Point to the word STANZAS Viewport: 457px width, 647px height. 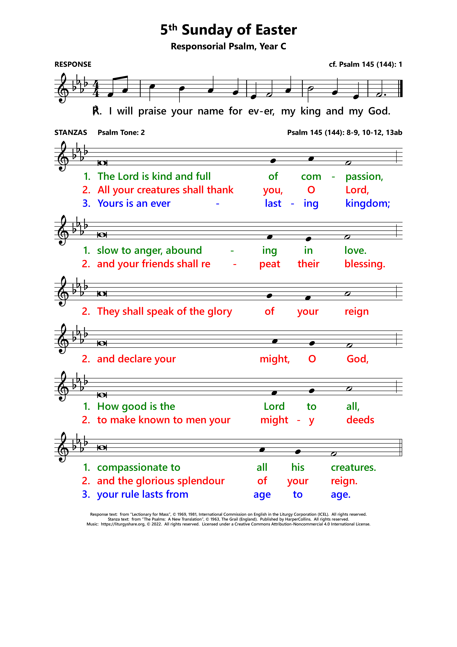71,132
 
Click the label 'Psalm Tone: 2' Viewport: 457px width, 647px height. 121,132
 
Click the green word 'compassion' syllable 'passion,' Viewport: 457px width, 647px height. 364,177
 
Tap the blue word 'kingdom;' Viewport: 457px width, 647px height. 367,203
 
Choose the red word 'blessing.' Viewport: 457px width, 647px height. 365,264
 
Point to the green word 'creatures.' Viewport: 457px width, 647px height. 353,467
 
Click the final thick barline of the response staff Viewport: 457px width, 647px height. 401,89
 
